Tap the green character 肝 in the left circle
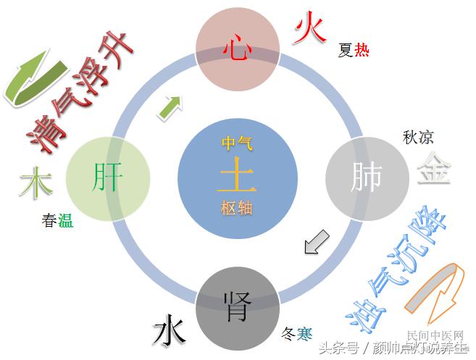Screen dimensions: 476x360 point(108,177)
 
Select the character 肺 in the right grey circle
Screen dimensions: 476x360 point(367,177)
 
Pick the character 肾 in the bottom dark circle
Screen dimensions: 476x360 point(237,305)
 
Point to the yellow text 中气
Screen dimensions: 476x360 point(237,143)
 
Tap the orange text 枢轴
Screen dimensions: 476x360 point(237,209)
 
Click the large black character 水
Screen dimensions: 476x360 point(170,332)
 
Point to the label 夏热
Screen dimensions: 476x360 point(354,51)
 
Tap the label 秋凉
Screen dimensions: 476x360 point(418,137)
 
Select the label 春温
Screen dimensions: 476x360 point(57,222)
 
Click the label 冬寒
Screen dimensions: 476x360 point(296,334)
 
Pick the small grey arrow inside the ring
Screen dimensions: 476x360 point(316,242)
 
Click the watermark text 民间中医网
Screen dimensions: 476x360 point(435,336)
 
